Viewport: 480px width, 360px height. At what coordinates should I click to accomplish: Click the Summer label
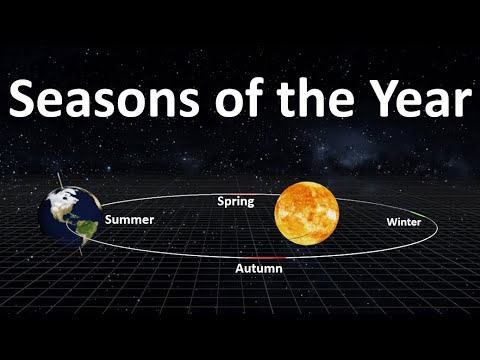coord(128,218)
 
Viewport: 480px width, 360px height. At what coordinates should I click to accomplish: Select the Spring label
coord(236,202)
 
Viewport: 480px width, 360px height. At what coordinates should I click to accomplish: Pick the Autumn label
coord(258,270)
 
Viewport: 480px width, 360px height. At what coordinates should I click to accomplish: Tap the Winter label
coord(403,221)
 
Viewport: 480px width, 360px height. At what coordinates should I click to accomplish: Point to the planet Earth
coord(69,217)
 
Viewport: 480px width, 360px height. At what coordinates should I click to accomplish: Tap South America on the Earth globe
coord(88,233)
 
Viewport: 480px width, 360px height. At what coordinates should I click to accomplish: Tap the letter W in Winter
coord(390,221)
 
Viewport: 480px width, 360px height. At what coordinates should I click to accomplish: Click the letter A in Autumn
coord(240,270)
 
